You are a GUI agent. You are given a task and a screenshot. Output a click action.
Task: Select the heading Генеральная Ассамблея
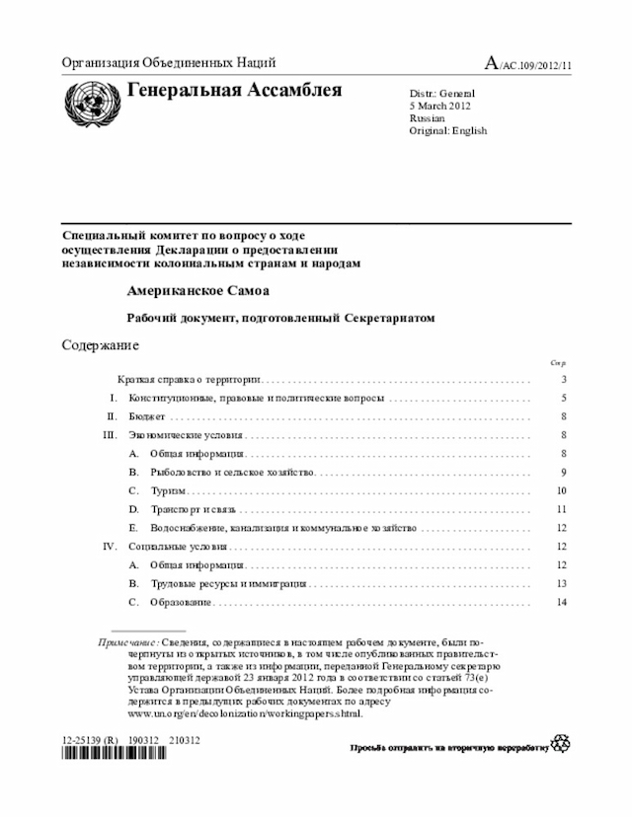(x=235, y=92)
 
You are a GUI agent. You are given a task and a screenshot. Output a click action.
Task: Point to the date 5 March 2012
(x=440, y=106)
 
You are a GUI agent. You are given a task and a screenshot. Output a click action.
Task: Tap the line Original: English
(x=448, y=131)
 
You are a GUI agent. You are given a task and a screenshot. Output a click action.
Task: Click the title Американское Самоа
(x=197, y=293)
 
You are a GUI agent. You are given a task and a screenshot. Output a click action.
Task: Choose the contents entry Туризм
(x=169, y=490)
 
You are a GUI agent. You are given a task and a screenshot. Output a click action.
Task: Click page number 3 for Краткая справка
(x=563, y=380)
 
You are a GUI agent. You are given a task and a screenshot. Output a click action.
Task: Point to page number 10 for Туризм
(x=561, y=490)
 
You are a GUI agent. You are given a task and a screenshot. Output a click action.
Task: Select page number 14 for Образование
(x=561, y=602)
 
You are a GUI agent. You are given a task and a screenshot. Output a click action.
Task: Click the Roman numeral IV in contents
(x=110, y=546)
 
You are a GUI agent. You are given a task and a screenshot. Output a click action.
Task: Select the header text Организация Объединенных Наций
(x=169, y=63)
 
